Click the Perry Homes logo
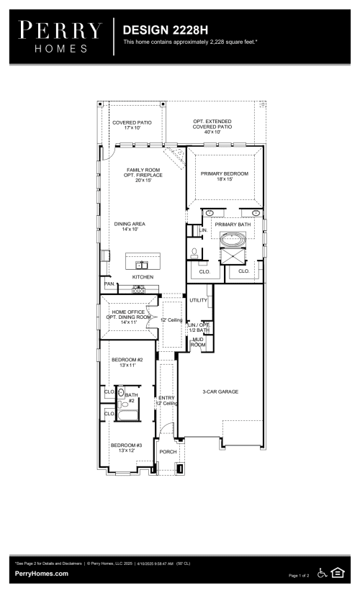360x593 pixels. tap(60, 37)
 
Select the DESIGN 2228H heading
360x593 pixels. tap(165, 30)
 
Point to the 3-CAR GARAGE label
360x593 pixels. tap(220, 391)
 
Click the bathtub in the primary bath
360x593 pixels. tap(233, 240)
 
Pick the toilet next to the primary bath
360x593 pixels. tap(194, 253)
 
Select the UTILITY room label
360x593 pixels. tap(198, 300)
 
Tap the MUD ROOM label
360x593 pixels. tap(198, 343)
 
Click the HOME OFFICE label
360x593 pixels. tap(128, 312)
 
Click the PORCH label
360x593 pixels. tap(168, 451)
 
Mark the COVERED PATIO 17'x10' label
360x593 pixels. tap(132, 125)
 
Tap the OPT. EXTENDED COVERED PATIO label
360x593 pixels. tap(212, 127)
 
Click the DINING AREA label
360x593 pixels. tap(130, 227)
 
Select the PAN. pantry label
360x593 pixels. tap(109, 284)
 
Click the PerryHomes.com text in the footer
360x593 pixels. tap(42, 574)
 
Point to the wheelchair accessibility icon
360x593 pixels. tap(322, 573)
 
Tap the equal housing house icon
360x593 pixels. tap(338, 573)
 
